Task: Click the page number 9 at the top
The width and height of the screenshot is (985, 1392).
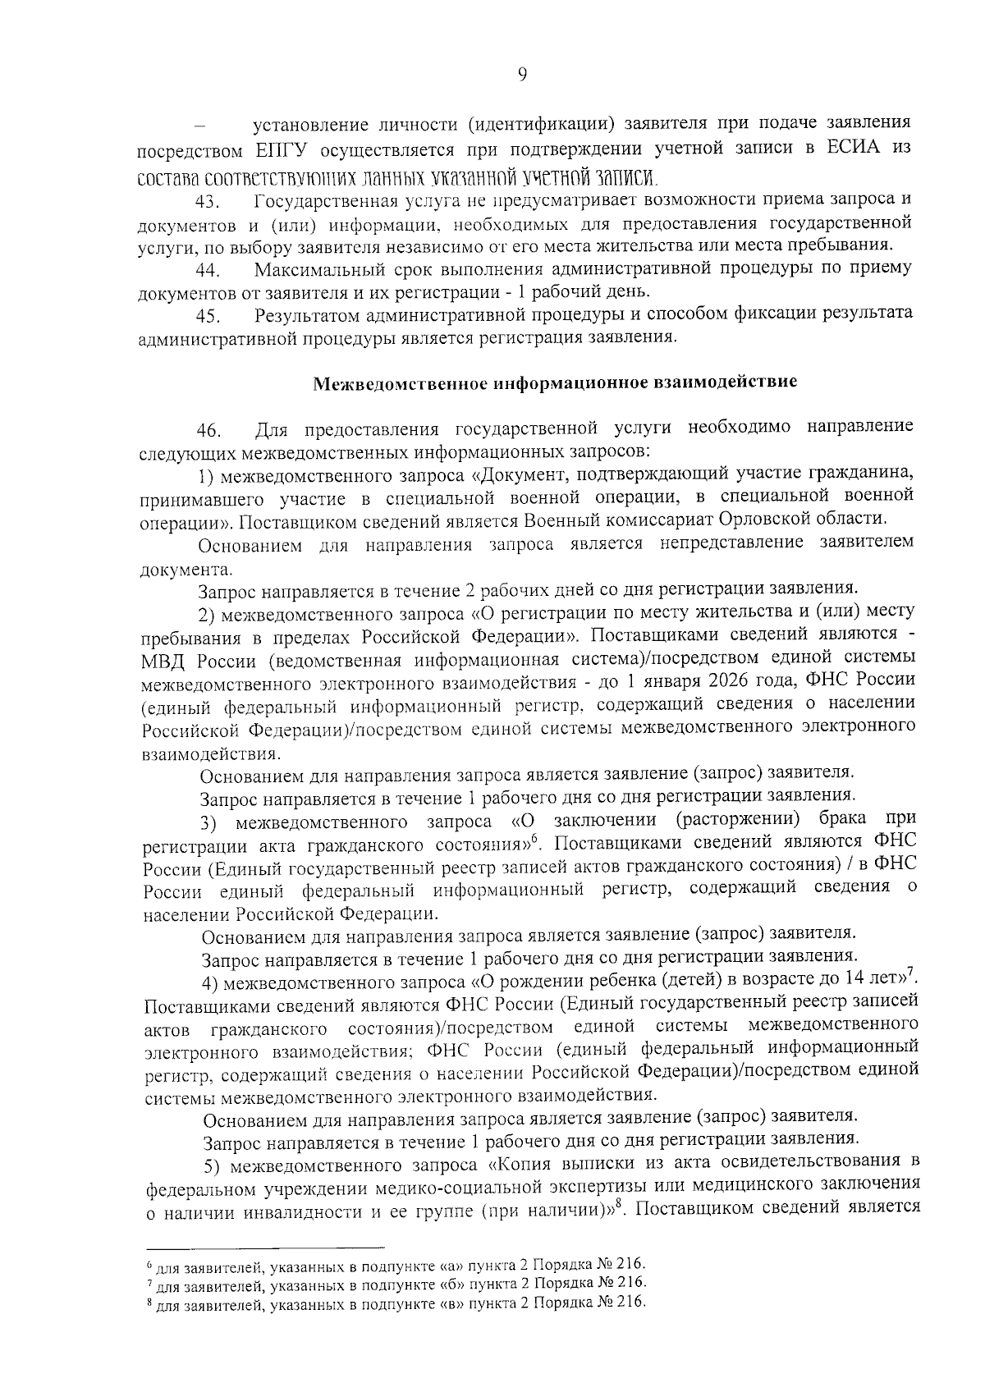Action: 522,75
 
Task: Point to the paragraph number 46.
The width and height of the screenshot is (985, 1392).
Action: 206,430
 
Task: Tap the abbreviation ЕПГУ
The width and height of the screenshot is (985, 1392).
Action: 285,150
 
